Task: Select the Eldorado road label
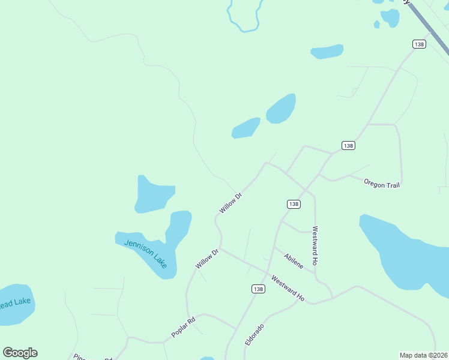coord(254,335)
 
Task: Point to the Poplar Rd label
coord(183,328)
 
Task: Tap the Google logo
coord(20,353)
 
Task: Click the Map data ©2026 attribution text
coord(423,355)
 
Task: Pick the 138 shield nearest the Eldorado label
coord(258,289)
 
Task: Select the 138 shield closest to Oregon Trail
coord(348,146)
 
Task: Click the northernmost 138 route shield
coord(419,44)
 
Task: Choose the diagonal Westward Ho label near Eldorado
coord(288,288)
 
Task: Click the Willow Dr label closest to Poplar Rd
coord(205,259)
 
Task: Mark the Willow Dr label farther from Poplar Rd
coord(230,203)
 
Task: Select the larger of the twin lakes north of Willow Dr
coord(281,109)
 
